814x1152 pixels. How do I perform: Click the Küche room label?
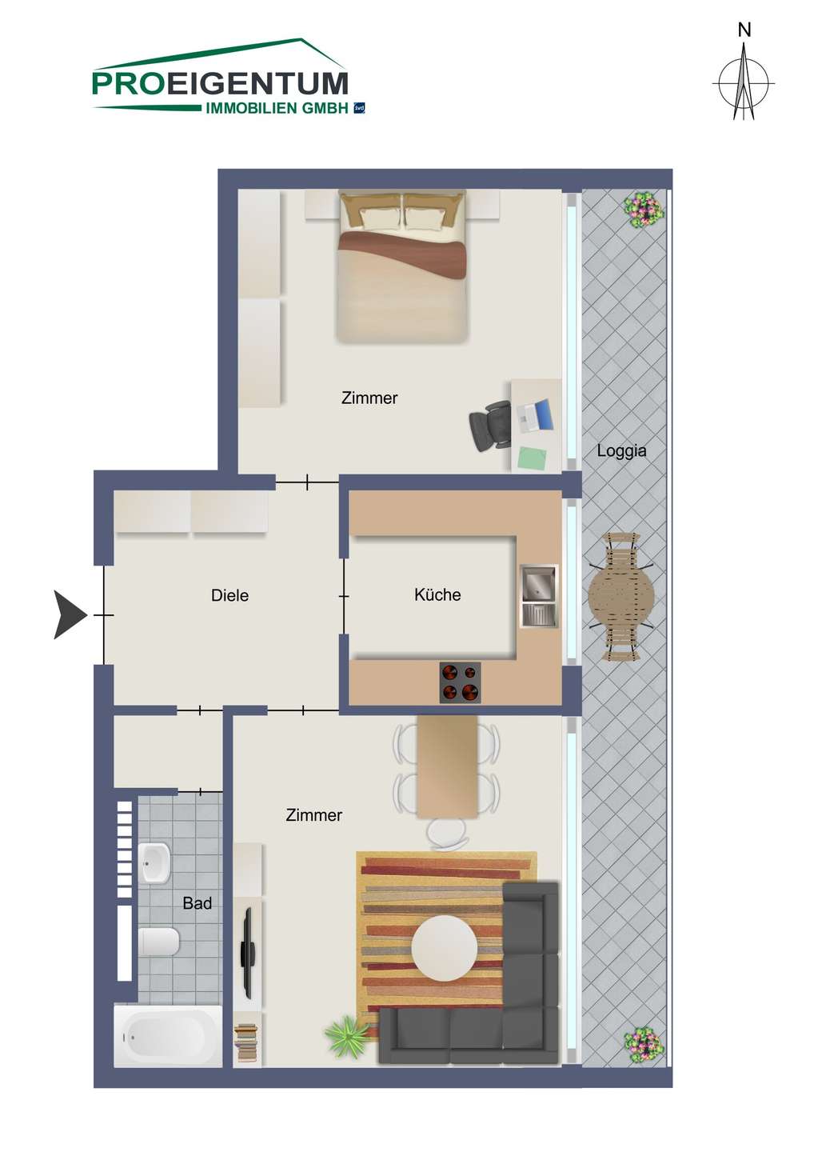coord(437,594)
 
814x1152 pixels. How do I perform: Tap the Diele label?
coord(229,595)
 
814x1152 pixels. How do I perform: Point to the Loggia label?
coord(621,451)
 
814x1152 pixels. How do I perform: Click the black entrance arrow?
coord(70,614)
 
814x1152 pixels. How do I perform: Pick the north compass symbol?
coord(744,77)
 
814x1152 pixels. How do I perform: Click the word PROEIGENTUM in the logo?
coord(221,83)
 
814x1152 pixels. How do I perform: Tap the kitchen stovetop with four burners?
coord(460,682)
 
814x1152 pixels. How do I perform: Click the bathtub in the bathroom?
coord(168,1035)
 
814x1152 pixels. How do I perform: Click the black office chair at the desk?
coord(489,426)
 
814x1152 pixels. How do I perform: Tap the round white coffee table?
coord(444,947)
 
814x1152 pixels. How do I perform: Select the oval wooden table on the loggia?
coord(621,597)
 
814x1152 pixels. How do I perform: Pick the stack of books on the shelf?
coord(247,1042)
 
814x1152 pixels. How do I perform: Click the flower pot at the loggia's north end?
coord(644,210)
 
